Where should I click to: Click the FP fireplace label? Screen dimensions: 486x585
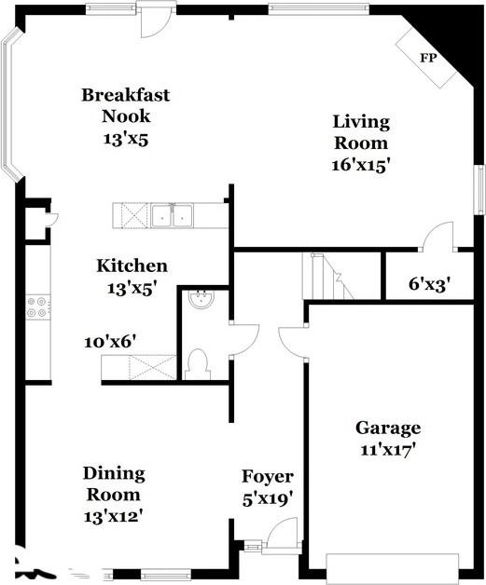point(428,58)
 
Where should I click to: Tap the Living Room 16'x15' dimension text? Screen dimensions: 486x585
point(361,165)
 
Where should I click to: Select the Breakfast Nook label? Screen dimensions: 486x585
point(126,105)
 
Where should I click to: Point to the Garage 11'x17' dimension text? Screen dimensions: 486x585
point(388,450)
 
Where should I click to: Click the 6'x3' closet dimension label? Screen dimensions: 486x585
point(428,285)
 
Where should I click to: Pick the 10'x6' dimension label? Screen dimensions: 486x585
point(110,342)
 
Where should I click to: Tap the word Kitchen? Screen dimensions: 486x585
point(132,266)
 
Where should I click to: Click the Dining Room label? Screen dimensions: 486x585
point(114,483)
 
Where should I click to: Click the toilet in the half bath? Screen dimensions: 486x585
point(197,364)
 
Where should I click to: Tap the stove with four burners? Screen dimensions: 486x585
point(38,306)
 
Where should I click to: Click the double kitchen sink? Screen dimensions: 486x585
point(173,215)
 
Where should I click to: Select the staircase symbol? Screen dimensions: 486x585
point(327,276)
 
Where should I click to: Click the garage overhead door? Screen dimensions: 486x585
point(392,568)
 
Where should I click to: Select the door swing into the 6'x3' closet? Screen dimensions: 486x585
point(437,236)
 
